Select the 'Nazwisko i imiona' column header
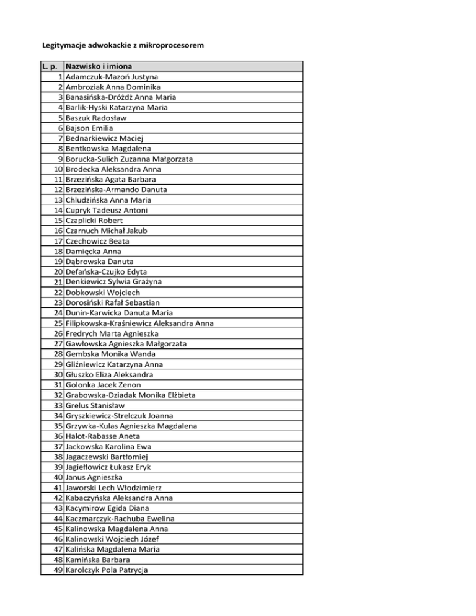coord(102,66)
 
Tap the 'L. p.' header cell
coord(51,66)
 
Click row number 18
coord(57,251)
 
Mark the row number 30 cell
coord(57,374)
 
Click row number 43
coord(57,508)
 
